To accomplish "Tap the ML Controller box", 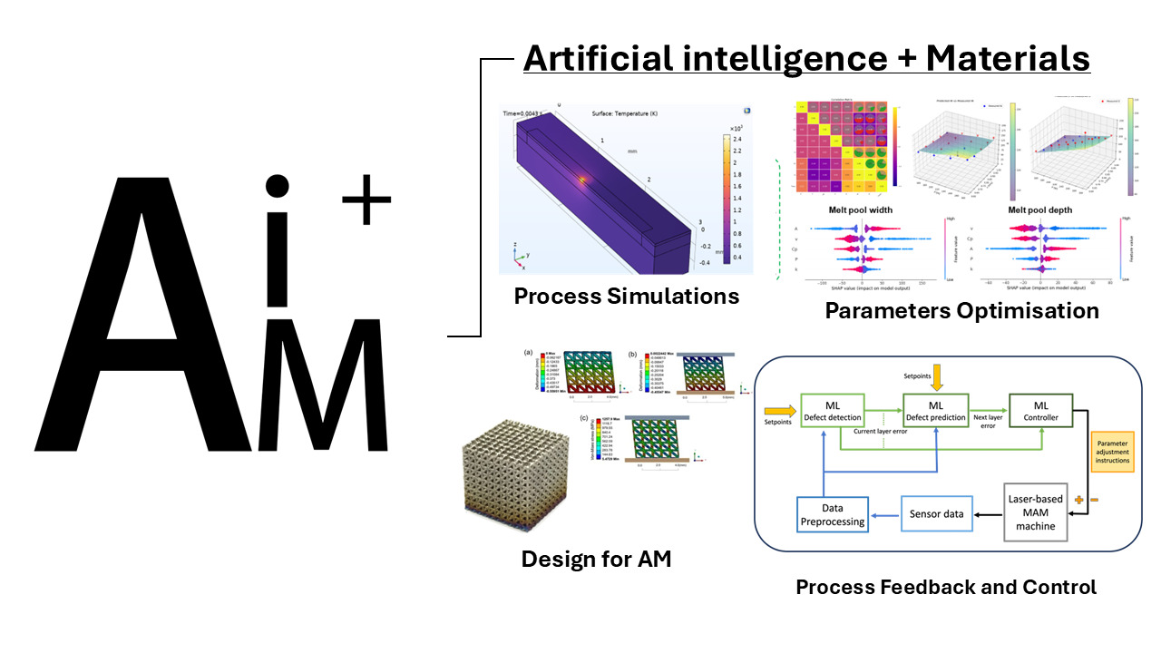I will point(1040,410).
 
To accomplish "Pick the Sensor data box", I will point(936,514).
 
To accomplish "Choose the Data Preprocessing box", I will point(833,515).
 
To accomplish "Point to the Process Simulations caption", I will point(626,296).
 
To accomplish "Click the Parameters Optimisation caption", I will point(961,311).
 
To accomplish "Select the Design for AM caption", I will point(596,559).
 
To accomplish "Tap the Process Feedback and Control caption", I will point(946,587).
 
